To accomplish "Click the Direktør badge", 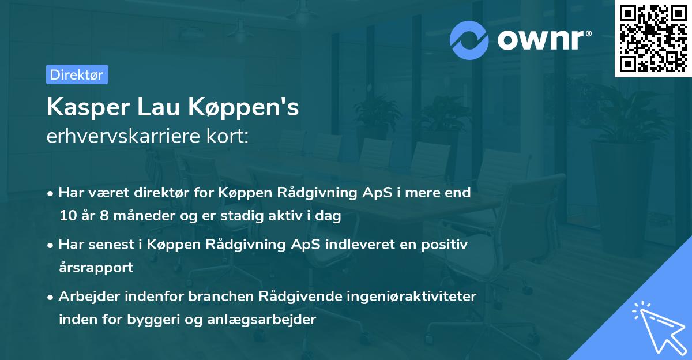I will coord(77,74).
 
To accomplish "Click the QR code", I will coord(653,39).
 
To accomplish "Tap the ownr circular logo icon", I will coord(469,40).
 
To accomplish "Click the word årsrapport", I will coord(96,268).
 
